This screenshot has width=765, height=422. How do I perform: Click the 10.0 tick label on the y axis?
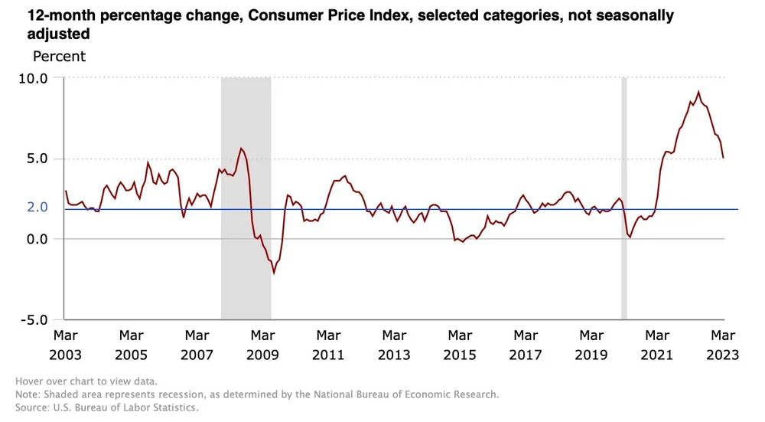tap(32, 78)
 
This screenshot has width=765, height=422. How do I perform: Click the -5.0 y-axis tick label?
tap(34, 320)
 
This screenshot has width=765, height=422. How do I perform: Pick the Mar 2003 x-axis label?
tap(65, 345)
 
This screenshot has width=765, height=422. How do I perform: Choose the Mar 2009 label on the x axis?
tap(262, 345)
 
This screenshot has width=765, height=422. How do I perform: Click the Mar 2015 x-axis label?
tap(460, 345)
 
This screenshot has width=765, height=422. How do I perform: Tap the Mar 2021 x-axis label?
tap(657, 345)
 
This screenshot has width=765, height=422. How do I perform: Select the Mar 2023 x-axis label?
tap(722, 345)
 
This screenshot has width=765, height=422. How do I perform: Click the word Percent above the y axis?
tap(59, 57)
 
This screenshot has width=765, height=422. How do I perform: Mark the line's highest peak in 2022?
tap(698, 92)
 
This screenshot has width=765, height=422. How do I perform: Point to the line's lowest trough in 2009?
tap(274, 273)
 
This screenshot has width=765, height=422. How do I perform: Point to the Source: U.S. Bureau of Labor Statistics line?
tap(106, 407)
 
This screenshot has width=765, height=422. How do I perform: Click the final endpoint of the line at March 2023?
tap(724, 158)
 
